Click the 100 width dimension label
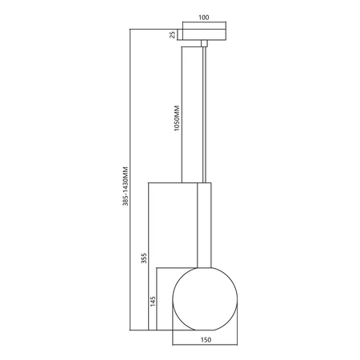204,17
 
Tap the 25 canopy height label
172,34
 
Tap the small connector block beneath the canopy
205,43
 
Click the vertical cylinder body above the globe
205,224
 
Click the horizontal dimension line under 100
204,23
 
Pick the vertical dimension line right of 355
151,256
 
